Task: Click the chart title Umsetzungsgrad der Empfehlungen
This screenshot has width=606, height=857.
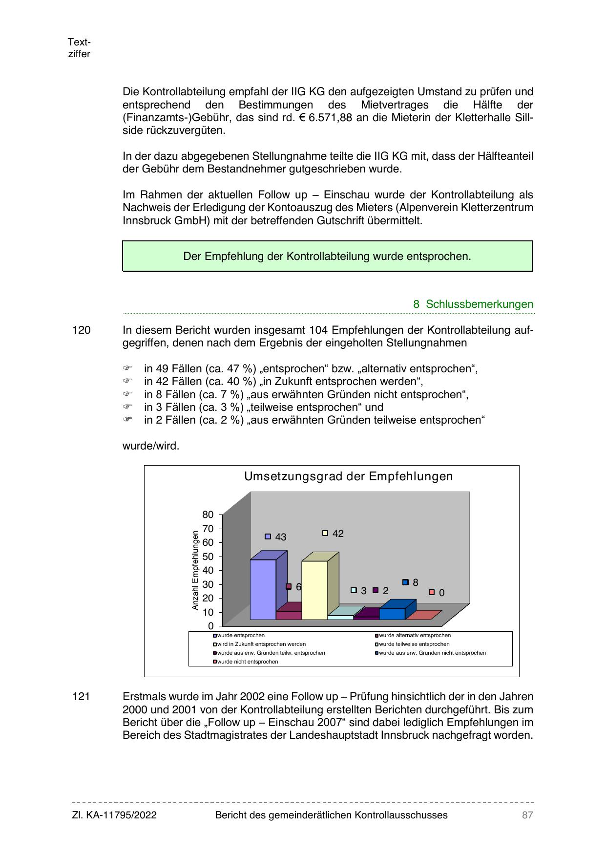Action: [348, 476]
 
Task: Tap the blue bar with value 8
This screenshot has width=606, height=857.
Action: [392, 614]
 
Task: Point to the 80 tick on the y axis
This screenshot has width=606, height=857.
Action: [208, 514]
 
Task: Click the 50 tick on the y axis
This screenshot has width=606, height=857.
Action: [208, 557]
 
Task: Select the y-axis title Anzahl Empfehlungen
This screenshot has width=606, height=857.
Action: [195, 570]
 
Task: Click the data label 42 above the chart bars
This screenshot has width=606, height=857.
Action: [338, 534]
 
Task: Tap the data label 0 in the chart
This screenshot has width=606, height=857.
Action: [441, 593]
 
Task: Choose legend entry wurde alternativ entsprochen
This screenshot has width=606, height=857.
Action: [415, 635]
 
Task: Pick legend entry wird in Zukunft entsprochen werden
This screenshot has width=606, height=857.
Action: [261, 644]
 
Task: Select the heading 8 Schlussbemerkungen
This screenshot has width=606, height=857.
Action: [473, 304]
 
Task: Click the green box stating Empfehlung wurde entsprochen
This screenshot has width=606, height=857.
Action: [327, 256]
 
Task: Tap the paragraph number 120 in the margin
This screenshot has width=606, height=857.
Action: [82, 330]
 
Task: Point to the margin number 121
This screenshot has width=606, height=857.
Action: [82, 697]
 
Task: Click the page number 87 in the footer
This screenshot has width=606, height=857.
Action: [527, 815]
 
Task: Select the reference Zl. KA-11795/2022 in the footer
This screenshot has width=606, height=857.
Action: [114, 815]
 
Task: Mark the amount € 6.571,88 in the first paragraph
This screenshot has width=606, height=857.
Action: [325, 118]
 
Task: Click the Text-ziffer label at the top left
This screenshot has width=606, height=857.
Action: [79, 48]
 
